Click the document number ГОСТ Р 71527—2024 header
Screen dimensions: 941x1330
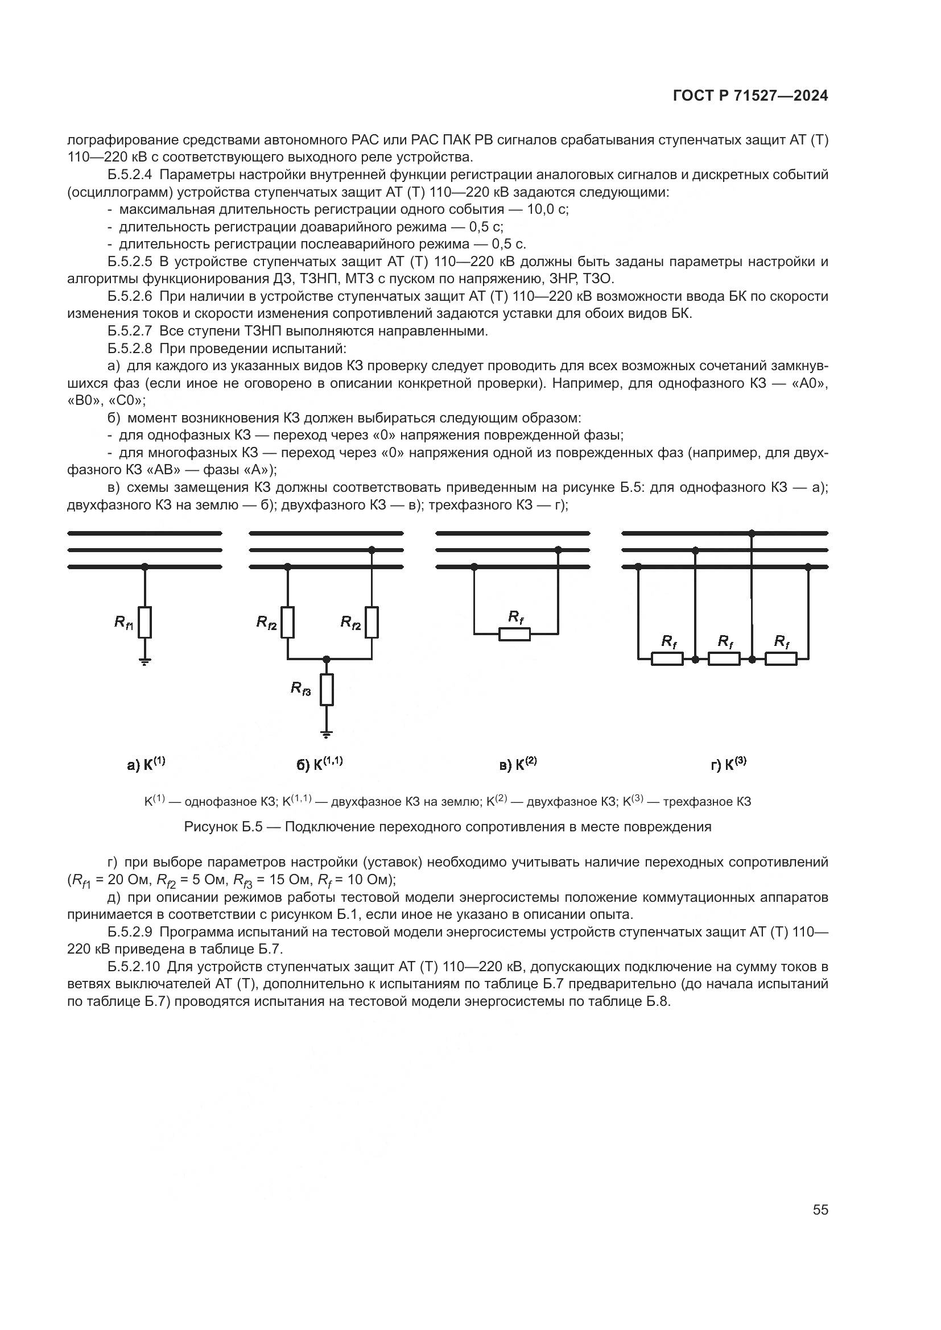(750, 96)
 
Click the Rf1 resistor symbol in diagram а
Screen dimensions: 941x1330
(145, 622)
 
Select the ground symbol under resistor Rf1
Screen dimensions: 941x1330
(145, 661)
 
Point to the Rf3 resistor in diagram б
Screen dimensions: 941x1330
(327, 689)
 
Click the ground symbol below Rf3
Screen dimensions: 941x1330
(327, 734)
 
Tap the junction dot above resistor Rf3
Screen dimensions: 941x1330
(327, 659)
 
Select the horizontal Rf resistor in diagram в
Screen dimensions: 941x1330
(514, 635)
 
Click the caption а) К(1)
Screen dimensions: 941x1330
(146, 764)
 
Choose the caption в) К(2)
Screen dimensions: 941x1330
(518, 764)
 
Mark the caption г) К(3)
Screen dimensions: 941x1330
(728, 764)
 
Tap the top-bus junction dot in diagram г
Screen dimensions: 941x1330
(752, 533)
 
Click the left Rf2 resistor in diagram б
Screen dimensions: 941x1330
(287, 622)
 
